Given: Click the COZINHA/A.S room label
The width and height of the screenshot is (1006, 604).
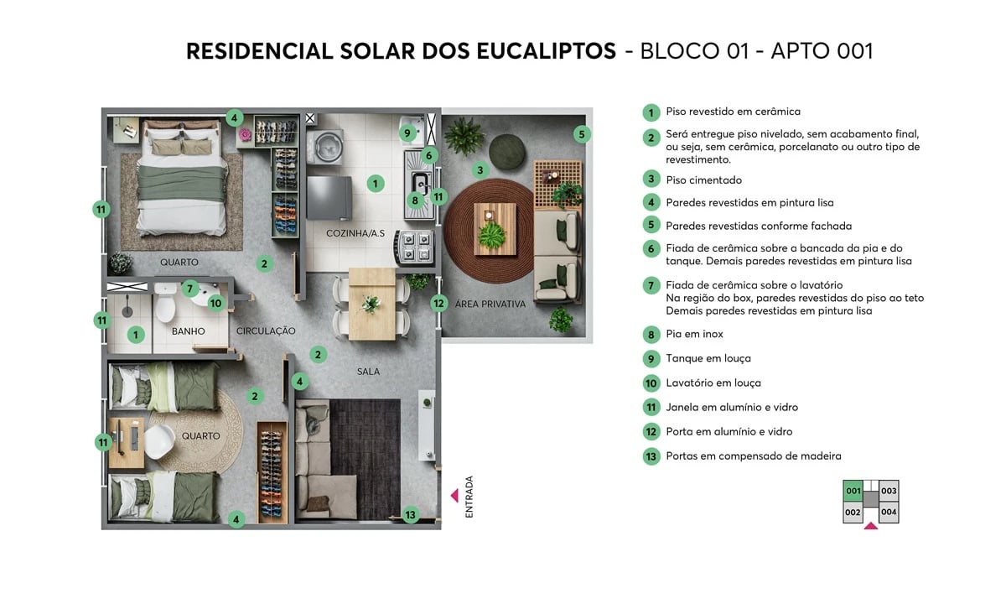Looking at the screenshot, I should (355, 232).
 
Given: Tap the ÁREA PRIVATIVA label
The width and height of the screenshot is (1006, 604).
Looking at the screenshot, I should (490, 304).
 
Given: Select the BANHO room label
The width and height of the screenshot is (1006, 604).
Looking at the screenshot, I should (188, 331).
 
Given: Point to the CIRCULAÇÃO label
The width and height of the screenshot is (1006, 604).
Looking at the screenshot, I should (266, 331).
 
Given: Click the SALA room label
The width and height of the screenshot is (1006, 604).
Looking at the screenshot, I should (368, 372).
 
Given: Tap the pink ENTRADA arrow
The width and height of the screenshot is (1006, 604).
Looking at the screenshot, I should (454, 495).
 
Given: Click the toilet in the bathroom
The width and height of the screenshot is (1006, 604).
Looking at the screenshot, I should (164, 307).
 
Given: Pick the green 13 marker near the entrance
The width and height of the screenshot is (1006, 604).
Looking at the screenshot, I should (410, 515).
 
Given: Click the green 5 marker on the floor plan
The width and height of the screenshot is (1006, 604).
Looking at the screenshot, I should (583, 133).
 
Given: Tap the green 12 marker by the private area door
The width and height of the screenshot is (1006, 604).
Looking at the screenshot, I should (438, 304).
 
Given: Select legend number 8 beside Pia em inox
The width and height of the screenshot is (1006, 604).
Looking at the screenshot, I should (651, 335).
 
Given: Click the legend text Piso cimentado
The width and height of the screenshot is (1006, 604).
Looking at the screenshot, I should (703, 180).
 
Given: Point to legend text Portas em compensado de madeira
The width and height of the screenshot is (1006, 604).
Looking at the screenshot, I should (753, 456).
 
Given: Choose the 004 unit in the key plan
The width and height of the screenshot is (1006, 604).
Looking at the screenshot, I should (889, 512).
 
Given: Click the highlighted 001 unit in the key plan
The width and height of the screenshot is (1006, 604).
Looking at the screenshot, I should (853, 492).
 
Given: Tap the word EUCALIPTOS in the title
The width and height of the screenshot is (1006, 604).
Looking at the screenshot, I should (547, 51).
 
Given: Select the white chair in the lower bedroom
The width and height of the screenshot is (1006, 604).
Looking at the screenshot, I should (160, 438).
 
